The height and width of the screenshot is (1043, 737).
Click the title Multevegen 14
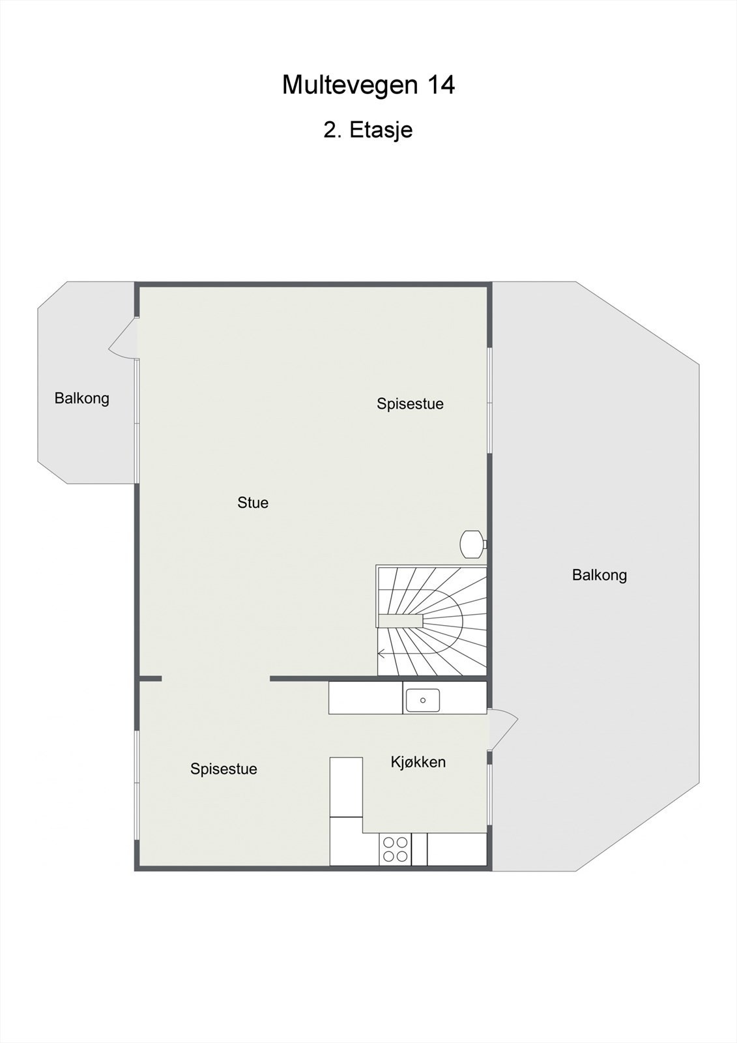pos(368,85)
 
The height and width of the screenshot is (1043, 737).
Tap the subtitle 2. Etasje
pos(368,130)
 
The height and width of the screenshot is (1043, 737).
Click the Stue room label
pos(253,503)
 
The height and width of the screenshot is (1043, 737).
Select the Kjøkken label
pos(418,762)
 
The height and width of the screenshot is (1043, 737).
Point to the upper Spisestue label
pos(410,404)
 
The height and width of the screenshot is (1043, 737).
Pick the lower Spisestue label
pos(224,769)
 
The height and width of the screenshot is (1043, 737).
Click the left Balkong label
pos(82,398)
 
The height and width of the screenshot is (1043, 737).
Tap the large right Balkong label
pos(600,575)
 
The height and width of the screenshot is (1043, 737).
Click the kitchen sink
pos(422,700)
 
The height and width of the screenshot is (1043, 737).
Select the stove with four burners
pos(395,849)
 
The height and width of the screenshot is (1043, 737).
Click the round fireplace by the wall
pos(472,544)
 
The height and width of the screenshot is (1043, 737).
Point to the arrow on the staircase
pos(383,654)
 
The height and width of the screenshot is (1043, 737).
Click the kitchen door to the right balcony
pos(503,729)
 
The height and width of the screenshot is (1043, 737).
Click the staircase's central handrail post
pos(401,620)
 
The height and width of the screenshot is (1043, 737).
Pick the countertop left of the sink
pos(366,698)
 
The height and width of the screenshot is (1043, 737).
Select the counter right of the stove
pos(457,849)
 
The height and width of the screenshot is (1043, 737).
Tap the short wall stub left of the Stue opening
pos(150,679)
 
